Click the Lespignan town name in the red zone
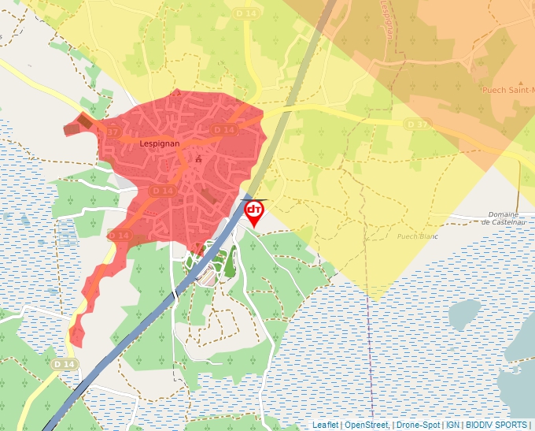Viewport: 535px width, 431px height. (x=160, y=144)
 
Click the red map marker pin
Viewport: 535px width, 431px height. (x=254, y=213)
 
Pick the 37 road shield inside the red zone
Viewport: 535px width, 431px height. (x=112, y=132)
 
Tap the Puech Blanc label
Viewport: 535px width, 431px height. (x=416, y=235)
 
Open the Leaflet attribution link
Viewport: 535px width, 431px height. (x=325, y=425)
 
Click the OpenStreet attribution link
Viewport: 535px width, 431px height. (x=366, y=425)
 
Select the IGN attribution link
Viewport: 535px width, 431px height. (x=452, y=425)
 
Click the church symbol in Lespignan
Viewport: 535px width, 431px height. (x=198, y=159)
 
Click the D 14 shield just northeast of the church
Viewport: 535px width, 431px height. (x=224, y=129)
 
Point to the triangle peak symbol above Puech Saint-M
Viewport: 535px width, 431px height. (x=501, y=79)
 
